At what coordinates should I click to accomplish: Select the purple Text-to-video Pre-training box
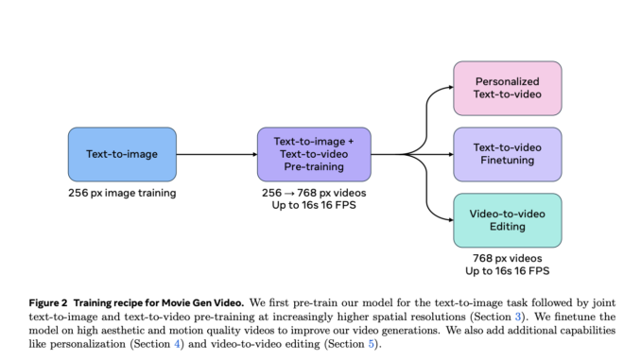[x=314, y=154]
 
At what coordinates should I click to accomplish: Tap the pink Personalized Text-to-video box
[x=507, y=88]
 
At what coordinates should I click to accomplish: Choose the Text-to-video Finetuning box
[x=507, y=154]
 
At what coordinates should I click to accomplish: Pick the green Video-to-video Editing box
[x=507, y=221]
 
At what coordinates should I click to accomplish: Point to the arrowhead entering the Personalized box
[x=448, y=88]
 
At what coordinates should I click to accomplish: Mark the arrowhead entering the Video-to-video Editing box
[x=448, y=221]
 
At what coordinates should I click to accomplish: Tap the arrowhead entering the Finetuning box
[x=448, y=154]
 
